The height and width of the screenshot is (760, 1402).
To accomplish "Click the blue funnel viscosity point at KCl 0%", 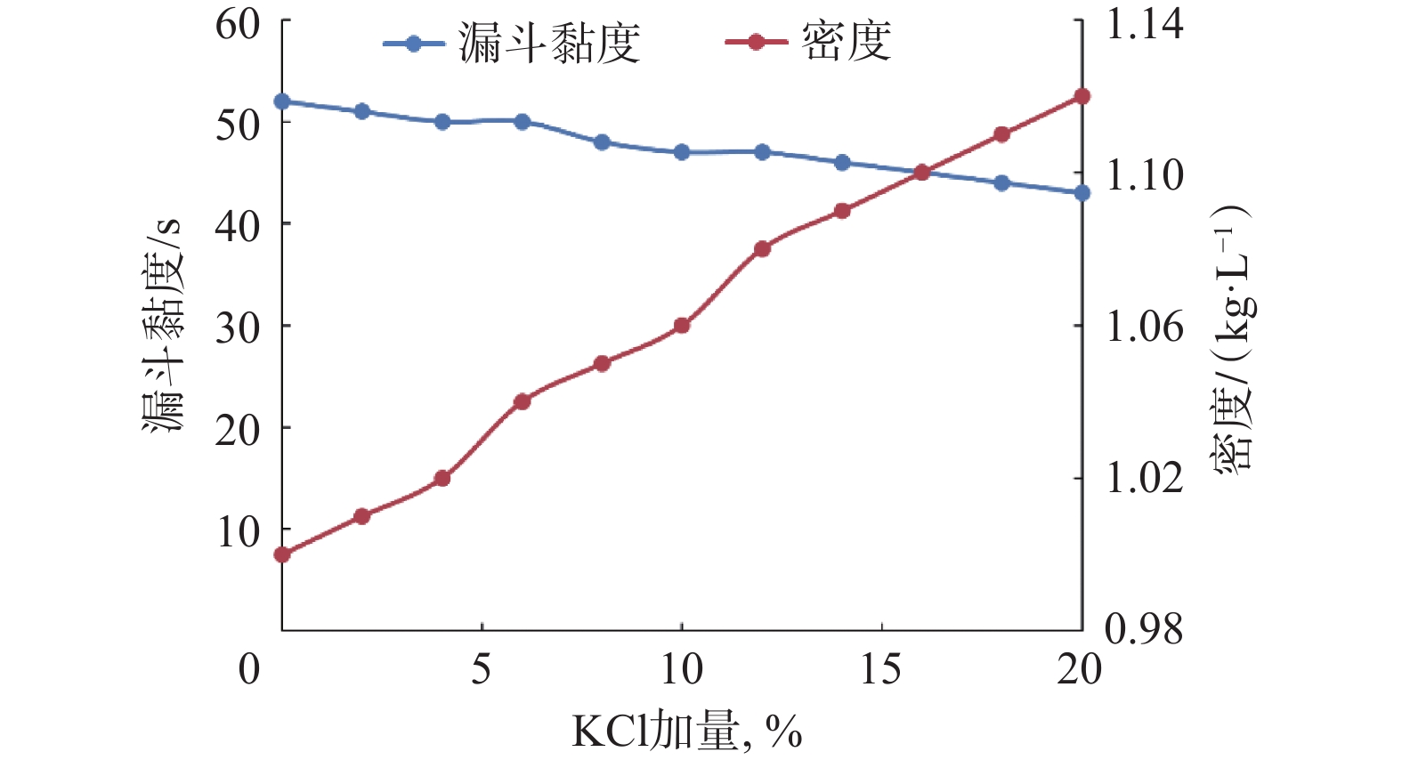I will [x=282, y=101].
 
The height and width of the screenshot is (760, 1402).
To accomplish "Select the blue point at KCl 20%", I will [x=1082, y=193].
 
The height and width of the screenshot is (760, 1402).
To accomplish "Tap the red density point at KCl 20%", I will [x=1082, y=96].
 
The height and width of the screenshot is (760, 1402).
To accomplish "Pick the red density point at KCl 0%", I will [x=282, y=554].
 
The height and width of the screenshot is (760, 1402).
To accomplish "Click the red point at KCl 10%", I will [x=682, y=326].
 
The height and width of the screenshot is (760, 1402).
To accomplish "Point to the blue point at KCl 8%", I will [x=602, y=142].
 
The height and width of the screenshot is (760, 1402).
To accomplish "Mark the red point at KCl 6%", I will [x=523, y=401].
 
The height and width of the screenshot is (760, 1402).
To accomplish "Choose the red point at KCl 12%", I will [x=762, y=249].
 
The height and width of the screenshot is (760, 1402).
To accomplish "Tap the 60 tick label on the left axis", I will [x=238, y=24].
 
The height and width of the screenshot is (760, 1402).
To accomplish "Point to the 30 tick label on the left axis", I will [x=238, y=327].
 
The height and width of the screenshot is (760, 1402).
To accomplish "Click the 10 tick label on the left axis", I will [x=238, y=531].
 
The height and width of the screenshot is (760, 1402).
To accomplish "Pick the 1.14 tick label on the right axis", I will [x=1144, y=24].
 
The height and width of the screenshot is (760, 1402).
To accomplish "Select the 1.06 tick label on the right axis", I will [x=1144, y=327].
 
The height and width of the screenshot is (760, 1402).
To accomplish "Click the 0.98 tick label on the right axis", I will [x=1144, y=629].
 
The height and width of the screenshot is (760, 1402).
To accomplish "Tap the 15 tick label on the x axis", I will [x=881, y=669].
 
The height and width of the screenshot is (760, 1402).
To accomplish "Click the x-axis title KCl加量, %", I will [x=686, y=732].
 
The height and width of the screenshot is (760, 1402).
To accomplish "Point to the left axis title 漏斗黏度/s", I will [x=163, y=326].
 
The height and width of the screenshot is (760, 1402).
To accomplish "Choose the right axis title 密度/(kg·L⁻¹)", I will [x=1233, y=338].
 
